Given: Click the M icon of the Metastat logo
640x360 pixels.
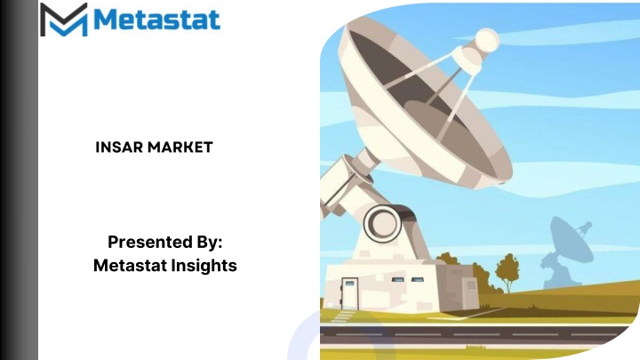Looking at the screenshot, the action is pos(64,20).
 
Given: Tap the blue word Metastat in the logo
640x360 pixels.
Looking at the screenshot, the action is pos(157,20).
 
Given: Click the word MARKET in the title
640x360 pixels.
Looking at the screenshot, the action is pos(180,147).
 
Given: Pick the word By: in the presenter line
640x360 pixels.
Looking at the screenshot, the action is pos(210,242).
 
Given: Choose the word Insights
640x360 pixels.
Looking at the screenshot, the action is pos(204,266).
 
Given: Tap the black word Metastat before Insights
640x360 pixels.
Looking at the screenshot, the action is pos(130,265).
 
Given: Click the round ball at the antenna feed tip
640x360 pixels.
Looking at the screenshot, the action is pos(487,40).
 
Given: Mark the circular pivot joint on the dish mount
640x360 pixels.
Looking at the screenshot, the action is pos(382,223).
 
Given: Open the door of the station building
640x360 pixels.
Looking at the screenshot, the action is pos(350,293).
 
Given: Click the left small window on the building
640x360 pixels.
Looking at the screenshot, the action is pos(397,280).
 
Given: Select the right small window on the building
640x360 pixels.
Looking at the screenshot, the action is pos(417,280).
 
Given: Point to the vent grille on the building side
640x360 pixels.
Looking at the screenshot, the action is pos(471,284).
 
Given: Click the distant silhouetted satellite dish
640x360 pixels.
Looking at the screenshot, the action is pos(567,251).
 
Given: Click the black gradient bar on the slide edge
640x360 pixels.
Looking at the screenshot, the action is pos(19,180).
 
